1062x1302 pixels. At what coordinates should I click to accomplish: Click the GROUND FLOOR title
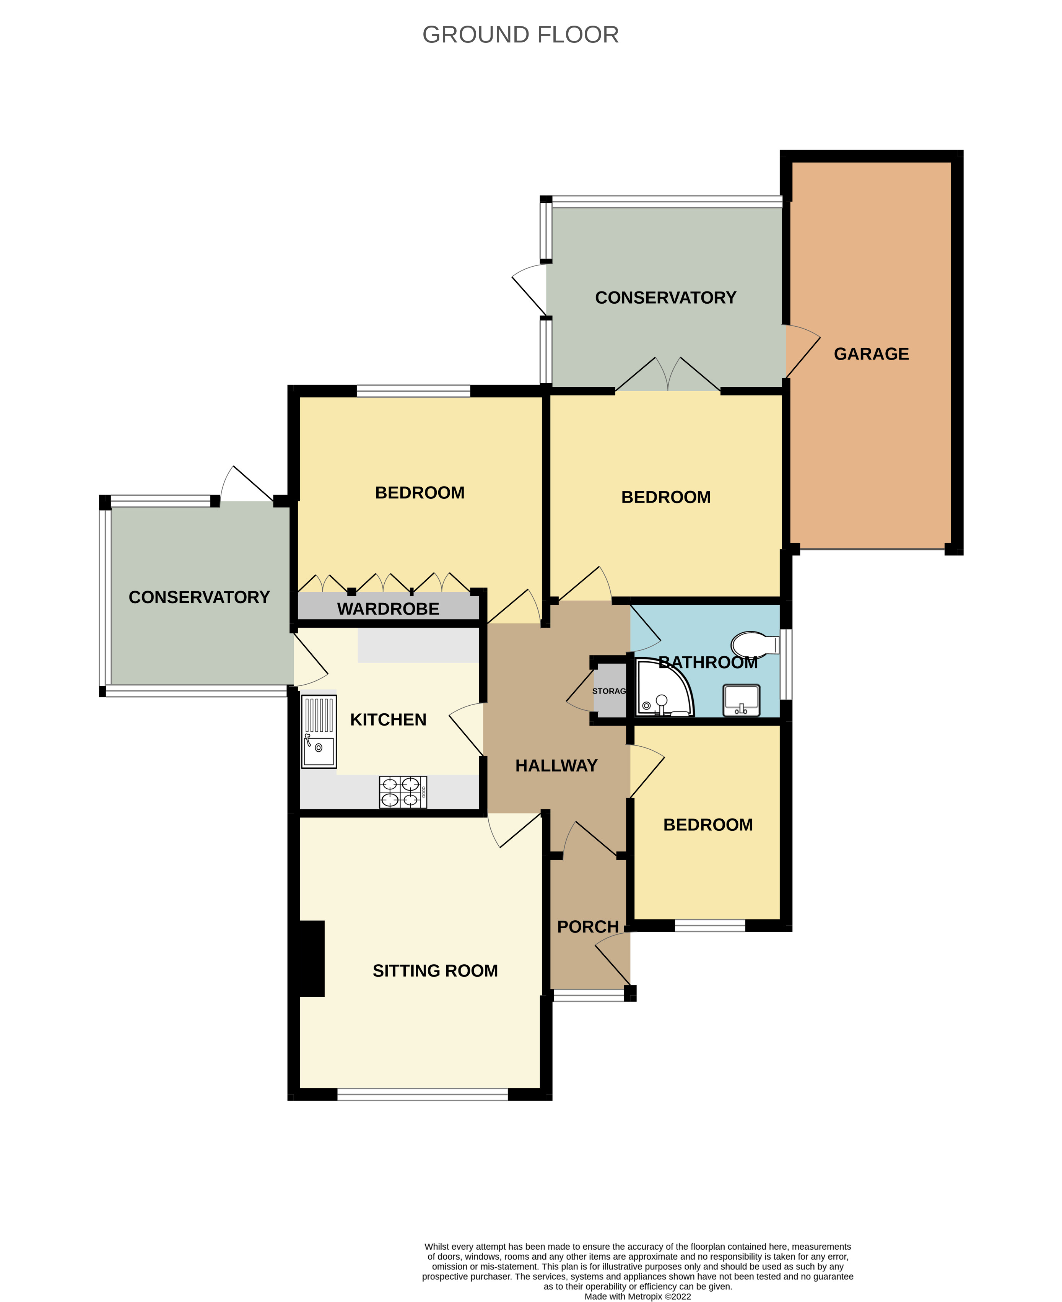[x=520, y=35]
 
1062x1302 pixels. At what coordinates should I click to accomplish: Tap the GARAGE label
[x=871, y=354]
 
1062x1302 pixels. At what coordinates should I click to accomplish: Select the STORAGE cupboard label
[x=609, y=691]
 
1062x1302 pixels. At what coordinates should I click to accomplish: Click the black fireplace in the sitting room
[x=312, y=958]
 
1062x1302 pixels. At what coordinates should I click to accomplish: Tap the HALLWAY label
[x=556, y=765]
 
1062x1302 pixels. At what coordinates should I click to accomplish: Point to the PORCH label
[x=588, y=926]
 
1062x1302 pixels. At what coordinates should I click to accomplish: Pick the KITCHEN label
[x=388, y=719]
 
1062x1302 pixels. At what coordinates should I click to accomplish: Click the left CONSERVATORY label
[x=199, y=597]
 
